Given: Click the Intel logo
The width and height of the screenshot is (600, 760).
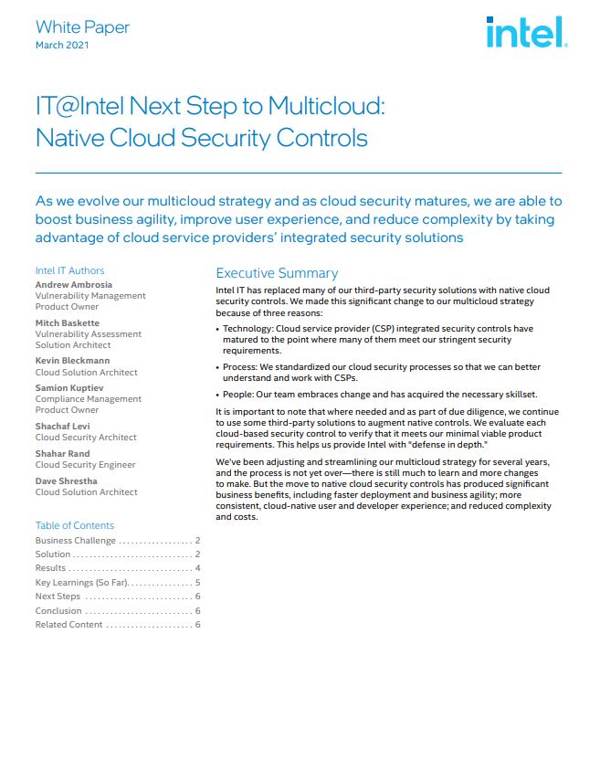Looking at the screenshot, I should pos(527,34).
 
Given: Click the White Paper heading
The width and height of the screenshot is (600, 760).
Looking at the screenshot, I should pos(82,27).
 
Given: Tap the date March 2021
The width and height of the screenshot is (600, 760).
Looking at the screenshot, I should pos(62,46).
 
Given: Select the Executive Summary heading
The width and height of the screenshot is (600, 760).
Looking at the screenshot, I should pos(277,273).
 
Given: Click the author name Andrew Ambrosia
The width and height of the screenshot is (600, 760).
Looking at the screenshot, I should pos(74,285).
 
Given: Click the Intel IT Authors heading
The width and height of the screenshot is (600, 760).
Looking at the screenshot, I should pos(69,270).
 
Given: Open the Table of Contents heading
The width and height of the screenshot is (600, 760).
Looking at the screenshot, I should pos(75,525).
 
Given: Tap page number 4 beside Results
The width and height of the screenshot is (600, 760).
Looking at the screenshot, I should pos(197,568).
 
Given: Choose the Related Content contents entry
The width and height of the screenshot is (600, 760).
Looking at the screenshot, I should pos(68,624).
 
